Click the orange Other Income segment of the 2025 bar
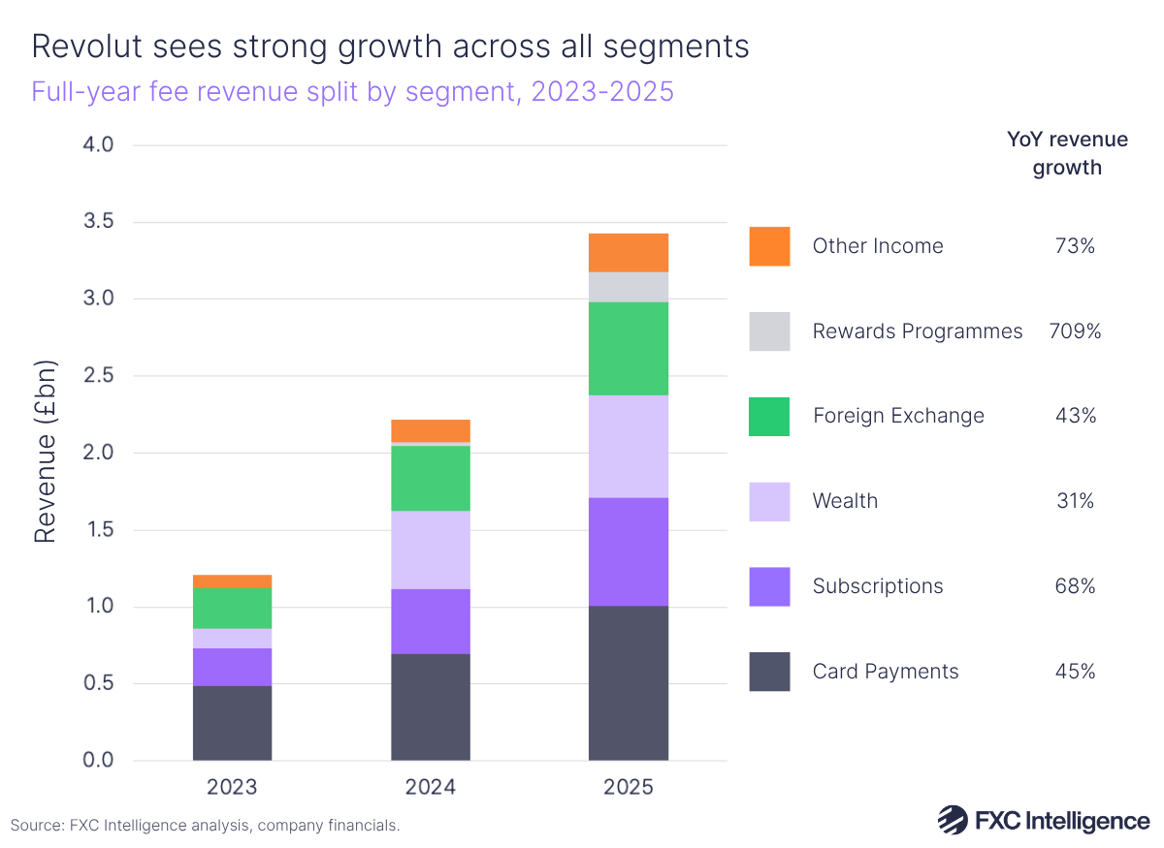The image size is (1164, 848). (x=628, y=253)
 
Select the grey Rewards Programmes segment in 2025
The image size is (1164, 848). (x=628, y=287)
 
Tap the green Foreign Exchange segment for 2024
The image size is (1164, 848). (x=430, y=478)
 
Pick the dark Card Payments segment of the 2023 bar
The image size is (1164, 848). (x=232, y=723)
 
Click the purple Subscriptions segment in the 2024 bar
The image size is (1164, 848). (x=430, y=621)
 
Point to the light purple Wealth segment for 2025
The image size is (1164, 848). (x=628, y=446)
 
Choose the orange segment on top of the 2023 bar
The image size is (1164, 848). (x=232, y=581)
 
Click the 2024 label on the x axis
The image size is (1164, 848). (x=430, y=786)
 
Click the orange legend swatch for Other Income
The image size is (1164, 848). (x=769, y=246)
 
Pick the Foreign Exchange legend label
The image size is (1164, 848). (x=898, y=416)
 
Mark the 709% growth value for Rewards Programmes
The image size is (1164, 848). (x=1075, y=331)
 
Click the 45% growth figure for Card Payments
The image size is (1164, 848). (x=1075, y=672)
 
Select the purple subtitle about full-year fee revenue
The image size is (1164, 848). (x=352, y=92)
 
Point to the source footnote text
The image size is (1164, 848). (x=205, y=826)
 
